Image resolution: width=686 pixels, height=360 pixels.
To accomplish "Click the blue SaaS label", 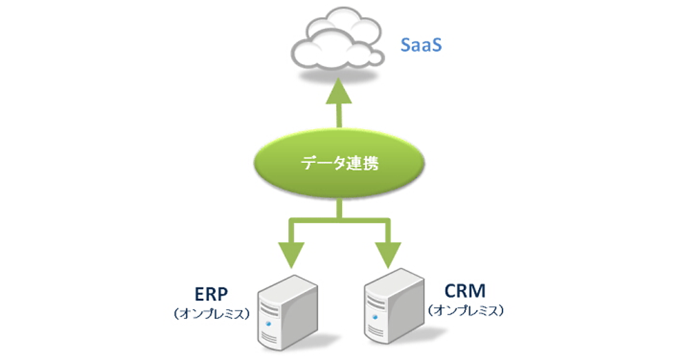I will [x=420, y=45].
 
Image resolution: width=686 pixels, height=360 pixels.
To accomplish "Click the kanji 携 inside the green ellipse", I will [x=368, y=164].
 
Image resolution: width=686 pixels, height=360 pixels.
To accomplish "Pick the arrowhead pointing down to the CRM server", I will [x=389, y=255].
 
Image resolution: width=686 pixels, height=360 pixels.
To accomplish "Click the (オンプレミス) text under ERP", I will [x=211, y=313].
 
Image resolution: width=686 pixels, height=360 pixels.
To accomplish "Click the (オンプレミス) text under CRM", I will [x=465, y=310].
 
